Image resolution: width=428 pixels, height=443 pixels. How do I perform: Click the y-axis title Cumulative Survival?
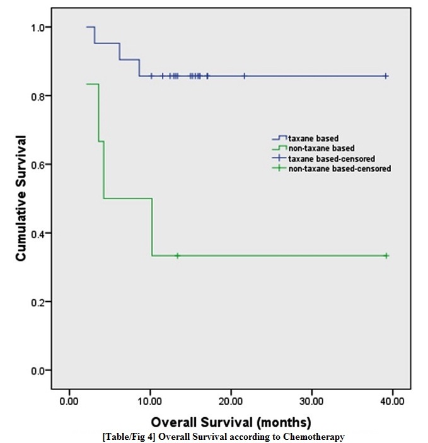21,198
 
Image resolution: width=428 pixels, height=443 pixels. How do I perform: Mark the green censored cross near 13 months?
178,255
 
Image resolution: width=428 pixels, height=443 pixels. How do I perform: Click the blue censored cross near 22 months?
245,76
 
